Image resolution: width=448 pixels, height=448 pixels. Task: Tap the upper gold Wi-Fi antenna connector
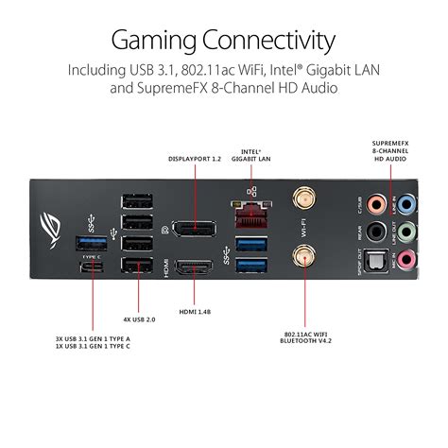pos(302,198)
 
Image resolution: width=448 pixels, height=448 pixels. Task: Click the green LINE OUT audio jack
pos(405,231)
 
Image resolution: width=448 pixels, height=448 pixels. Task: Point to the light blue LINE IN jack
pos(406,203)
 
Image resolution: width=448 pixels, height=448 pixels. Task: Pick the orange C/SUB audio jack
pos(377,203)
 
